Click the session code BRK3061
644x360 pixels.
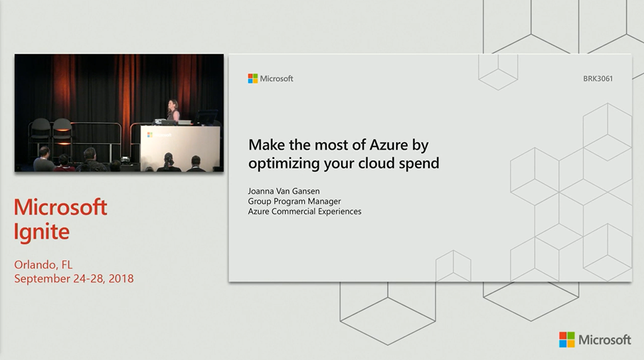pos(597,79)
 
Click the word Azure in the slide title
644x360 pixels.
pos(389,145)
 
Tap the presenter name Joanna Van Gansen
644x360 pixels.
pos(284,191)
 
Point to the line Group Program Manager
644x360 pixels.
pos(294,201)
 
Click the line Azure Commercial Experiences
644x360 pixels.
pos(305,211)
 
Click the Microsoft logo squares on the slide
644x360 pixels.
pos(253,79)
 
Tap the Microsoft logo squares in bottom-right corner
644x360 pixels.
pos(567,340)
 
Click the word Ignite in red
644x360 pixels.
pos(42,232)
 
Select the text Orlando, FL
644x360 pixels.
pos(43,265)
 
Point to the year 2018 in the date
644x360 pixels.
pos(121,279)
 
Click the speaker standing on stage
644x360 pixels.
pos(174,110)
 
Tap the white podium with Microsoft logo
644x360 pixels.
pos(180,147)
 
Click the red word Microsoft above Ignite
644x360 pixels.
pos(60,206)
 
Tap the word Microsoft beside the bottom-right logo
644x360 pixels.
pos(604,340)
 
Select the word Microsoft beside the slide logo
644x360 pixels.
pos(277,79)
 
